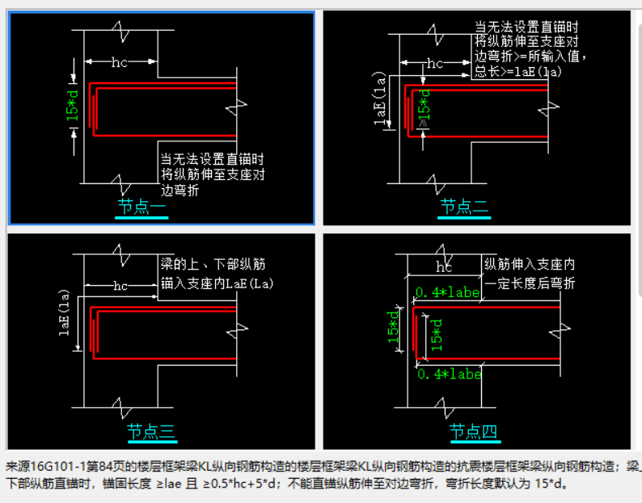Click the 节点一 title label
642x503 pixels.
pyautogui.click(x=141, y=207)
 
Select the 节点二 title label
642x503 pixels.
pyautogui.click(x=464, y=207)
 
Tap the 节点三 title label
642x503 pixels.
pyautogui.click(x=151, y=432)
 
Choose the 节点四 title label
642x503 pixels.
pyautogui.click(x=474, y=432)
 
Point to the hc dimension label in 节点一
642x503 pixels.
pyautogui.click(x=120, y=61)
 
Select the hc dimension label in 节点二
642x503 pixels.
pyautogui.click(x=434, y=63)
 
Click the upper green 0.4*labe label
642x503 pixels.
pyautogui.click(x=447, y=291)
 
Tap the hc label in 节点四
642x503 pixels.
pyautogui.click(x=444, y=266)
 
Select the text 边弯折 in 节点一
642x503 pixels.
pyautogui.click(x=180, y=191)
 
